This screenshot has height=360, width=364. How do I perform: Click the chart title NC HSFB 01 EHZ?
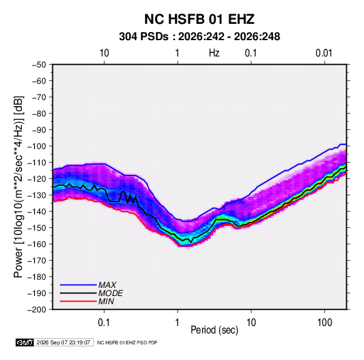pyautogui.click(x=199, y=19)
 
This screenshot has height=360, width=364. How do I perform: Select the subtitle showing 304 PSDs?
pyautogui.click(x=199, y=37)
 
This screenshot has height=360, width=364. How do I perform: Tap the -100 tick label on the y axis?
pyautogui.click(x=37, y=146)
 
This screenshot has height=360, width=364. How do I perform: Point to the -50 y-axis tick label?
pyautogui.click(x=39, y=65)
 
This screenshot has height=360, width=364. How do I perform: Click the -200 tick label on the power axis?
pyautogui.click(x=37, y=310)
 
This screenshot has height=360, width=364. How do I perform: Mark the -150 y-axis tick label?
pyautogui.click(x=37, y=228)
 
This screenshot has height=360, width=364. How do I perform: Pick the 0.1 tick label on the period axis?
pyautogui.click(x=104, y=323)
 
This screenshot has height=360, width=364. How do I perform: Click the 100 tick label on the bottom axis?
pyautogui.click(x=325, y=323)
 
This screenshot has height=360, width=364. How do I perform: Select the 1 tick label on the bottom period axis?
pyautogui.click(x=178, y=323)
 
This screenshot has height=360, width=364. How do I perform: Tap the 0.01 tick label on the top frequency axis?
pyautogui.click(x=324, y=53)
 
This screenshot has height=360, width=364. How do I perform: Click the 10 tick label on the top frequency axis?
pyautogui.click(x=104, y=53)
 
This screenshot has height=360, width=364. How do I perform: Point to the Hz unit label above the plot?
pyautogui.click(x=214, y=53)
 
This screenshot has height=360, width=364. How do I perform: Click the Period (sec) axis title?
pyautogui.click(x=214, y=330)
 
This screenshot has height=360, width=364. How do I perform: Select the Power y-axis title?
pyautogui.click(x=18, y=186)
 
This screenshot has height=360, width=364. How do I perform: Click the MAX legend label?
pyautogui.click(x=107, y=285)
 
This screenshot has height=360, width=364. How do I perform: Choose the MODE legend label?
pyautogui.click(x=110, y=293)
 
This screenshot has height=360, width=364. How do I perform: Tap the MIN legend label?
pyautogui.click(x=106, y=301)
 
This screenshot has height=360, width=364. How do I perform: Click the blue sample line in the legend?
pyautogui.click(x=78, y=285)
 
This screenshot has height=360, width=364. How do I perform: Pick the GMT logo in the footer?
pyautogui.click(x=25, y=342)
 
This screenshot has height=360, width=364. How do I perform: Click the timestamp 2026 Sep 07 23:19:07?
pyautogui.click(x=63, y=342)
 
